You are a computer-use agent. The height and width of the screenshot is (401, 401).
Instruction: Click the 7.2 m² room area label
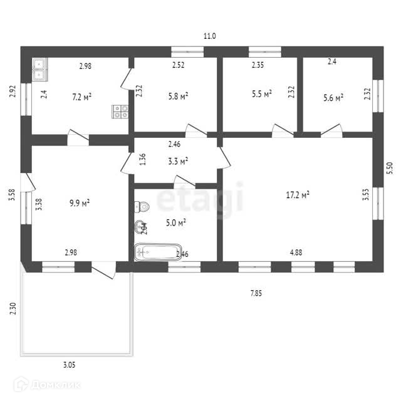[x=82, y=96]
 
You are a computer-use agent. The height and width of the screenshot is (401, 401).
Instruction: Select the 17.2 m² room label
[x=298, y=195]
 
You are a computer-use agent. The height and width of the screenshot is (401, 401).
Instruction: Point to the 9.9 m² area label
[x=79, y=202]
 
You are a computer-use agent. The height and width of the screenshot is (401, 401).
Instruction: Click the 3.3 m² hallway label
[x=179, y=161]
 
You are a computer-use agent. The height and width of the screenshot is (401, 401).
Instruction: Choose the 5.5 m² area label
[x=261, y=93]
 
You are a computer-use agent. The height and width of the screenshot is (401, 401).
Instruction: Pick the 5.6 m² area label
[x=333, y=97]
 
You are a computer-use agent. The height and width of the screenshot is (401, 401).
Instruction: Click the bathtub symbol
[x=157, y=253]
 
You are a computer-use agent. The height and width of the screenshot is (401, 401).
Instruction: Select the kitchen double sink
[x=39, y=69]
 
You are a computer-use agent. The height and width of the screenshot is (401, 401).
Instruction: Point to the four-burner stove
[x=120, y=112]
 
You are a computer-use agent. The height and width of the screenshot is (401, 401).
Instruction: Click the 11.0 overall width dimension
[x=209, y=36]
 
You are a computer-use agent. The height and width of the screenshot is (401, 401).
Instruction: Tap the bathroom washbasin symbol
[x=139, y=227]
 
